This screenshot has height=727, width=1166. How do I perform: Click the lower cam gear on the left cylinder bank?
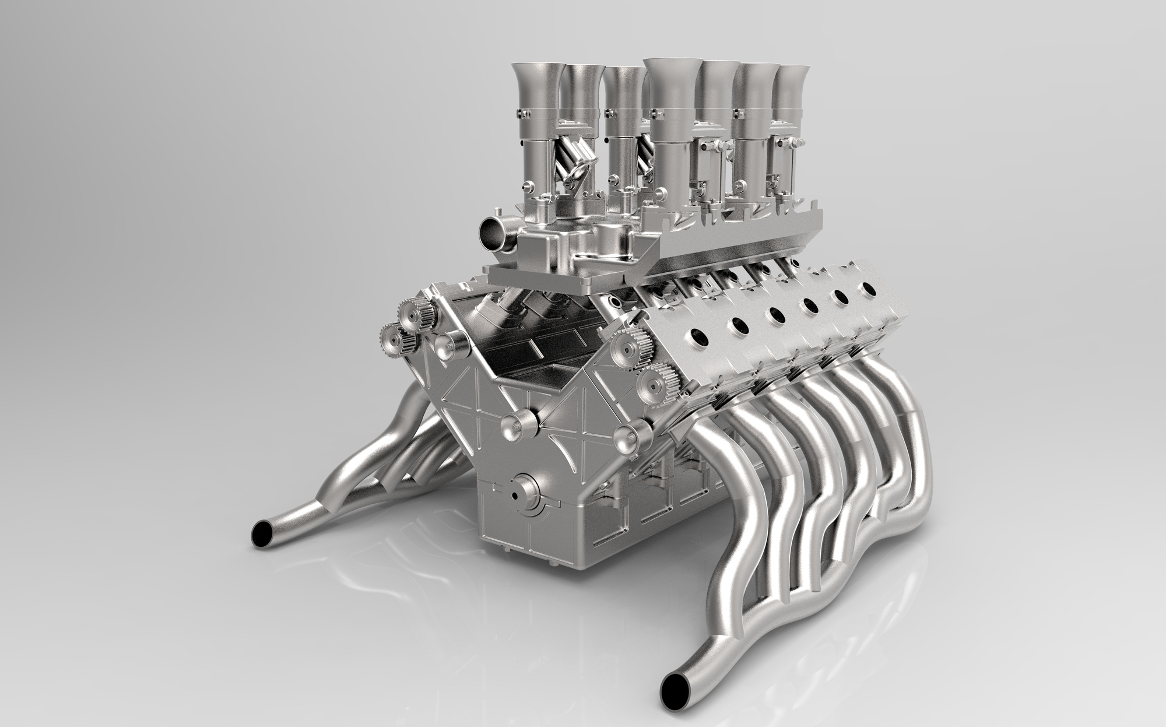tap(394, 339)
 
